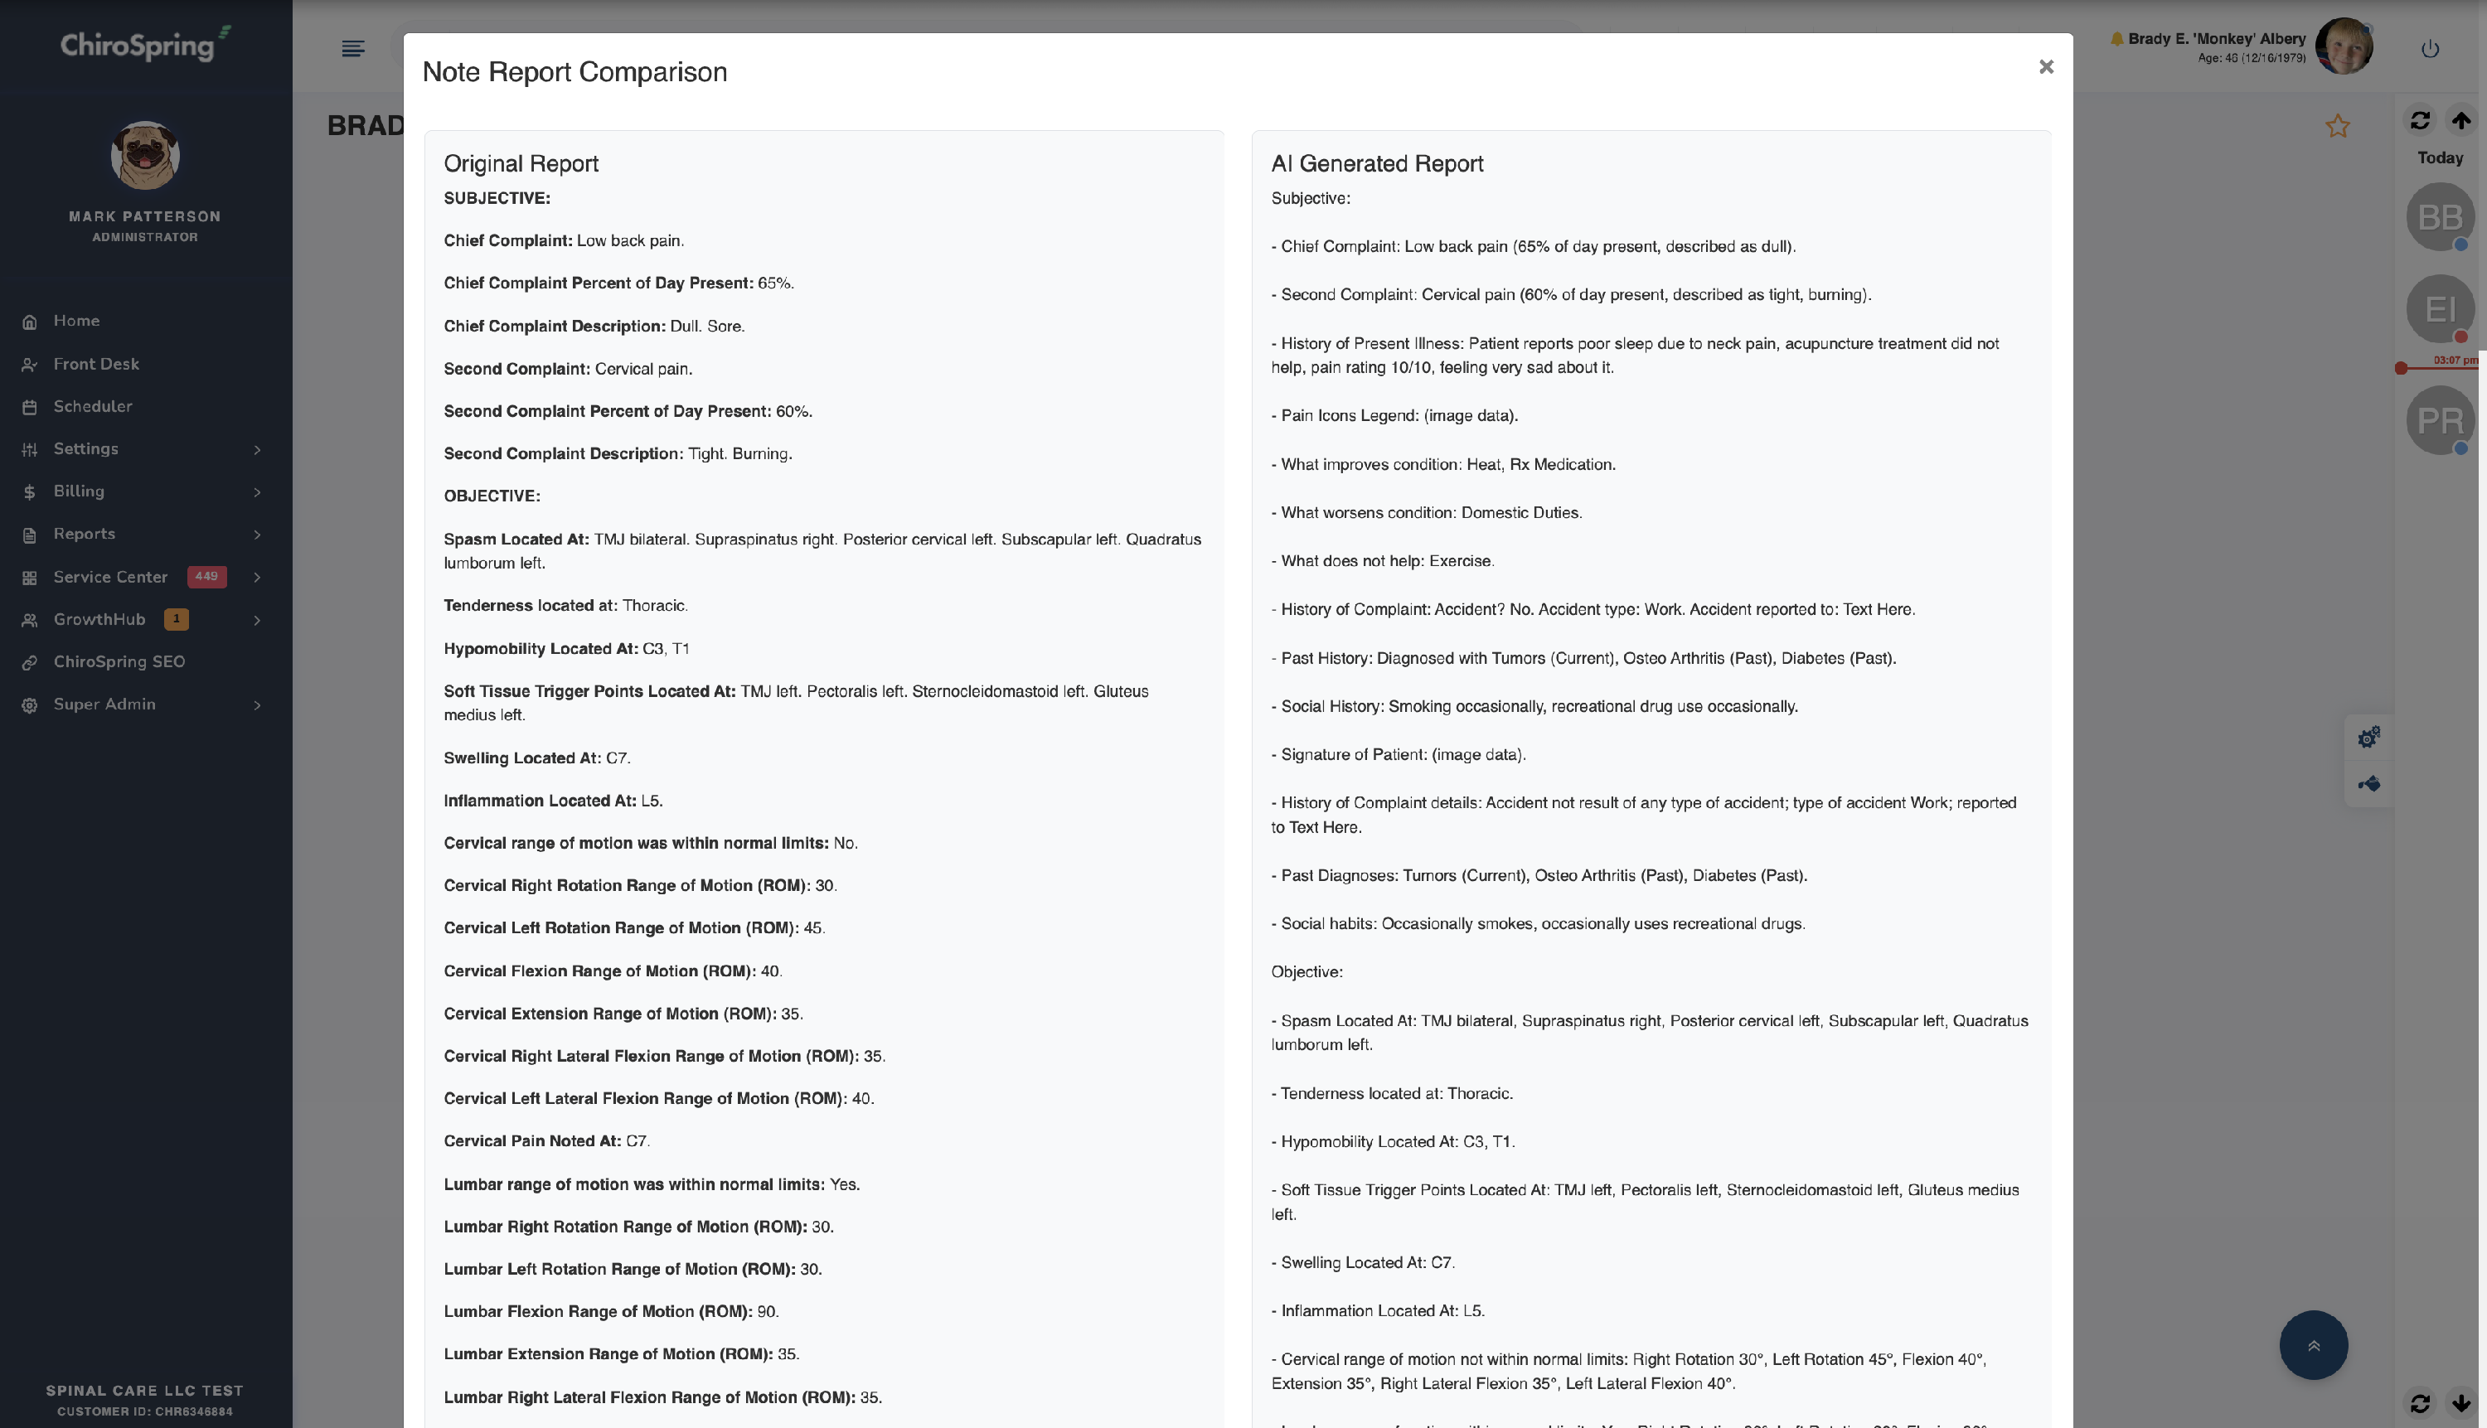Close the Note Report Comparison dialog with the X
pyautogui.click(x=2045, y=66)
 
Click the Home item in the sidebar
pyautogui.click(x=76, y=321)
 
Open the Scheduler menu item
pyautogui.click(x=92, y=406)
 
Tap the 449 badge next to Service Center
pyautogui.click(x=206, y=577)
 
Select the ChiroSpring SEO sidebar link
pyautogui.click(x=119, y=662)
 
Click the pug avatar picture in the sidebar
pyautogui.click(x=145, y=155)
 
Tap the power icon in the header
pyautogui.click(x=2429, y=49)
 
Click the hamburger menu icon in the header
pyautogui.click(x=353, y=49)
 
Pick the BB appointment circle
pyautogui.click(x=2439, y=217)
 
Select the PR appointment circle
pyautogui.click(x=2439, y=421)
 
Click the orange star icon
pyautogui.click(x=2337, y=127)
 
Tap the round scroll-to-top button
pyautogui.click(x=2312, y=1346)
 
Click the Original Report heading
pyautogui.click(x=521, y=164)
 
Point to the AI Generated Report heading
pyautogui.click(x=1376, y=164)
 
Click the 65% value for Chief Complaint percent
pyautogui.click(x=775, y=283)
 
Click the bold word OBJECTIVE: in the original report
pyautogui.click(x=492, y=496)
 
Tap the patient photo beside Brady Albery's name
pyautogui.click(x=2344, y=46)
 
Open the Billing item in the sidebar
pyautogui.click(x=79, y=491)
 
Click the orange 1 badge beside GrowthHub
pyautogui.click(x=177, y=619)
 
